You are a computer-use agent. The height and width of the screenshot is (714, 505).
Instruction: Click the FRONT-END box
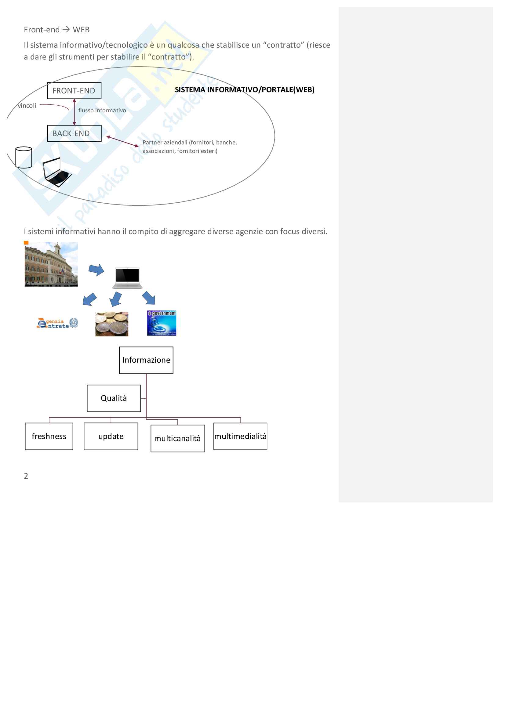[x=74, y=90]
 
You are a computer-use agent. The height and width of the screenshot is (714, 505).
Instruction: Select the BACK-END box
[x=74, y=133]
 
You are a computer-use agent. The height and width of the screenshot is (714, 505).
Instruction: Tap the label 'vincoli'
[x=27, y=106]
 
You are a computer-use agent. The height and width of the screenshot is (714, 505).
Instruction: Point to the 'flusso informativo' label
[x=102, y=111]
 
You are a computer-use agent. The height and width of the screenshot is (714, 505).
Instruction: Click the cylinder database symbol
[x=24, y=157]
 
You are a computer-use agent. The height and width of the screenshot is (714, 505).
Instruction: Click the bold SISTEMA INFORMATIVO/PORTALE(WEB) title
[x=245, y=89]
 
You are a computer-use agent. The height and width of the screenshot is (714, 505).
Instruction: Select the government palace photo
[x=51, y=264]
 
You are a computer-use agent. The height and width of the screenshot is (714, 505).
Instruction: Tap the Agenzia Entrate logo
[x=57, y=323]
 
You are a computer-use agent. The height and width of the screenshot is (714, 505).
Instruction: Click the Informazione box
[x=146, y=360]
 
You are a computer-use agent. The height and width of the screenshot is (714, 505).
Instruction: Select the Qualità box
[x=114, y=398]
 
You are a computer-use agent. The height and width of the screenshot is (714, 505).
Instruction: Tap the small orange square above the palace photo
[x=26, y=243]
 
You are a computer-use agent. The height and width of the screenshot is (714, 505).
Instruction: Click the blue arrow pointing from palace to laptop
[x=96, y=270]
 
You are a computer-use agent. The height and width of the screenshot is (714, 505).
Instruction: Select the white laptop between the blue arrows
[x=128, y=278]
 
